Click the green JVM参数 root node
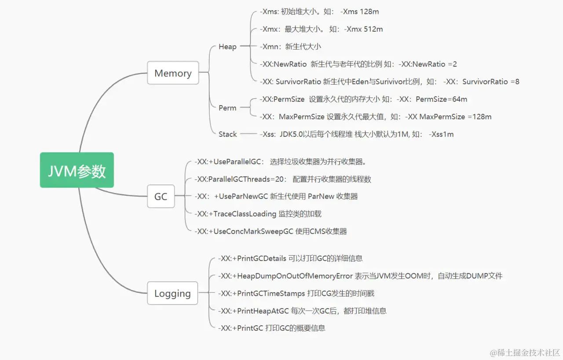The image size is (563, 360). click(x=77, y=170)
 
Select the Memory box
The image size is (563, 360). click(x=173, y=73)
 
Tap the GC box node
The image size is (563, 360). click(x=161, y=196)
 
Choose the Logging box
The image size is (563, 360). click(x=172, y=293)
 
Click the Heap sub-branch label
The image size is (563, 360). click(x=227, y=47)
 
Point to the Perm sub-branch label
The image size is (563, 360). click(x=227, y=108)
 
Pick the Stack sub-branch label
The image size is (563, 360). click(x=227, y=134)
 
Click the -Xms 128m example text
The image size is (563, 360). click(x=359, y=12)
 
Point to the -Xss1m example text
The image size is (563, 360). click(x=441, y=134)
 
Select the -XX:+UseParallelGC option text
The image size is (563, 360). click(x=230, y=162)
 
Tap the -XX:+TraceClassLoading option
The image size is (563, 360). click(x=235, y=214)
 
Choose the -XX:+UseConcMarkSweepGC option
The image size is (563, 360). click(x=244, y=231)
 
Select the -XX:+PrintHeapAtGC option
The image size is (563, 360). click(x=253, y=311)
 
